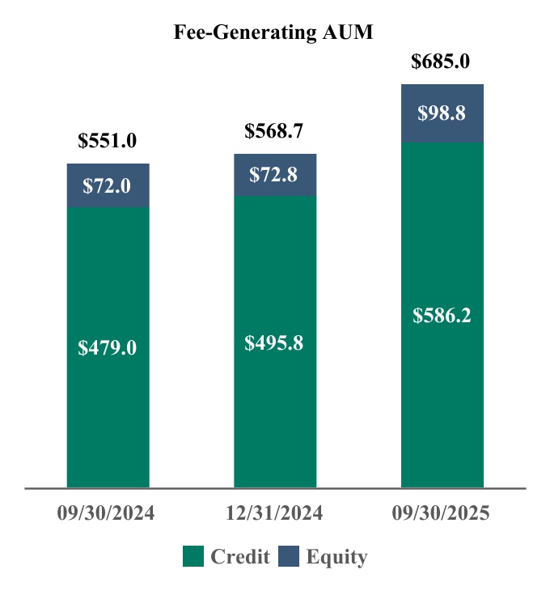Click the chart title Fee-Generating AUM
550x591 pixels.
[274, 32]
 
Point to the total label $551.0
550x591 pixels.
[108, 140]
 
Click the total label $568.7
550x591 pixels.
[274, 130]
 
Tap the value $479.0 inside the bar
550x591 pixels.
[108, 348]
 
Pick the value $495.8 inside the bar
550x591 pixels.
[274, 342]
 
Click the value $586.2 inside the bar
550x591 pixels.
[442, 316]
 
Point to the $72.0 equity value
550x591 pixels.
[108, 186]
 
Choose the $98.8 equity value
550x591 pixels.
[442, 113]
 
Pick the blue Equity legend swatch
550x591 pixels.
[289, 556]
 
